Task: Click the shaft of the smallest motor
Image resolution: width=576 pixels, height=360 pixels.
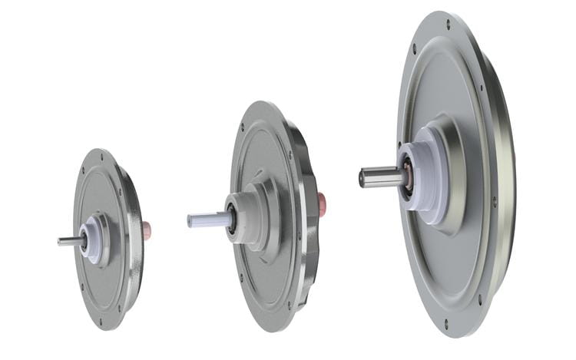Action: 69,240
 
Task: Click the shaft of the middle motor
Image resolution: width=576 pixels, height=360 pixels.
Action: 206,220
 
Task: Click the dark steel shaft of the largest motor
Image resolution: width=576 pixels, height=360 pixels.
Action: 380,177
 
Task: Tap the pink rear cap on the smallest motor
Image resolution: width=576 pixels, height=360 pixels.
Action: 147,230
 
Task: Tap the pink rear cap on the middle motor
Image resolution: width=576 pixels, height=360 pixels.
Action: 322,202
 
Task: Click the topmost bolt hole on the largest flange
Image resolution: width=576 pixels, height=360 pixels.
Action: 448,25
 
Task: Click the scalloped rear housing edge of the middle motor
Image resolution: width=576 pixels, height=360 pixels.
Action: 311,230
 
